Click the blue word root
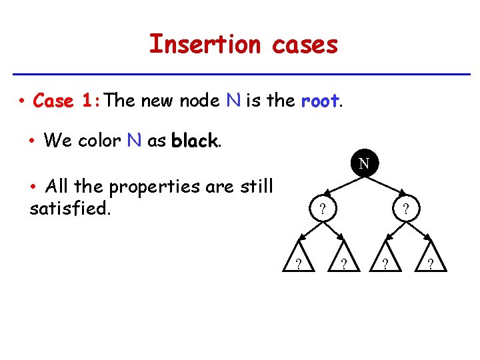(320, 101)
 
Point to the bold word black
(194, 141)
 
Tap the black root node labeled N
(364, 163)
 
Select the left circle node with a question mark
(321, 208)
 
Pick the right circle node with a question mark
(406, 208)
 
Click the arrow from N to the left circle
(341, 185)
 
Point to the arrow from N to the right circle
(386, 185)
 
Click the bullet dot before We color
(33, 141)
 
